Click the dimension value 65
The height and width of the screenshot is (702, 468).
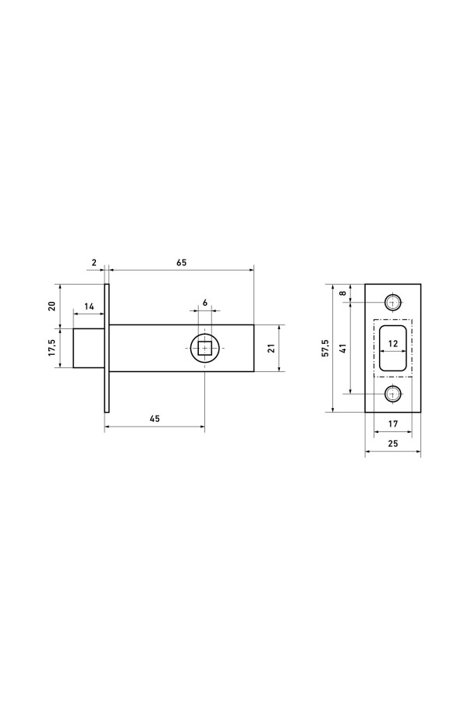[x=181, y=262]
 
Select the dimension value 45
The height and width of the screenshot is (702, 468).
[x=154, y=419]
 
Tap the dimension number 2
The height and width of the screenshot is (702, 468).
[x=94, y=262]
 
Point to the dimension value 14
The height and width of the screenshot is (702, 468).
[x=89, y=307]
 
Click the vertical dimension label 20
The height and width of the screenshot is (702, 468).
[x=51, y=307]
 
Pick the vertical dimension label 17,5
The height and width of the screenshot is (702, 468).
[x=51, y=347]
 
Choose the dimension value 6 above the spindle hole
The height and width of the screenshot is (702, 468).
[x=205, y=303]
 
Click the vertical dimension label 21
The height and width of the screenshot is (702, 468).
[x=271, y=349]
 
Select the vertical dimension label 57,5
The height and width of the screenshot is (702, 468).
[x=325, y=348]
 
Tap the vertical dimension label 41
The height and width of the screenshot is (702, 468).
[x=342, y=349]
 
